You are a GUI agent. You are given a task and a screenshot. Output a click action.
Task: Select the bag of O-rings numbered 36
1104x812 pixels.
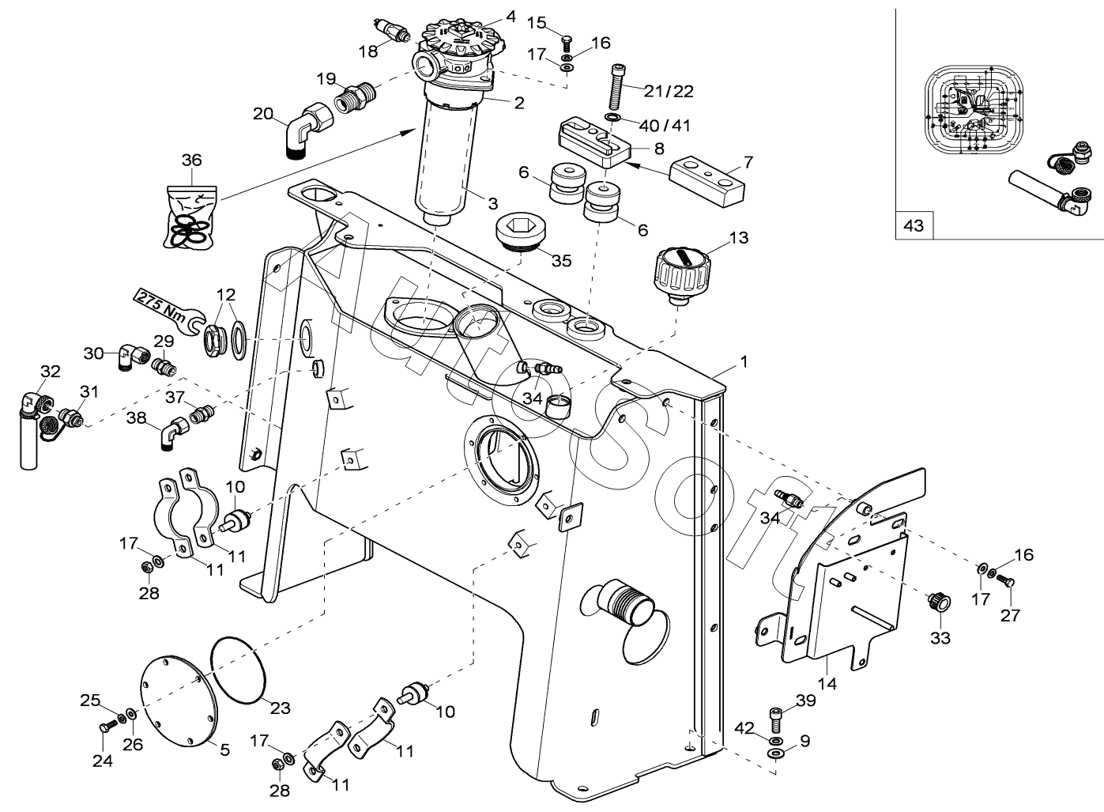click(x=190, y=217)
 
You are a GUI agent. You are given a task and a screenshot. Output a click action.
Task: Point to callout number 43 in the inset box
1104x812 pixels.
click(x=914, y=225)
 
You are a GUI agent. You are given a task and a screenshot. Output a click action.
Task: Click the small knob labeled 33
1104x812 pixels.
click(x=938, y=602)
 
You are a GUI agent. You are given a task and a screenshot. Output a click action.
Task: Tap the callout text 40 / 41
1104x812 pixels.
click(x=665, y=125)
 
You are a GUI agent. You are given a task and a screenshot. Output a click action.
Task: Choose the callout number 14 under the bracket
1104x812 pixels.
click(x=828, y=683)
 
